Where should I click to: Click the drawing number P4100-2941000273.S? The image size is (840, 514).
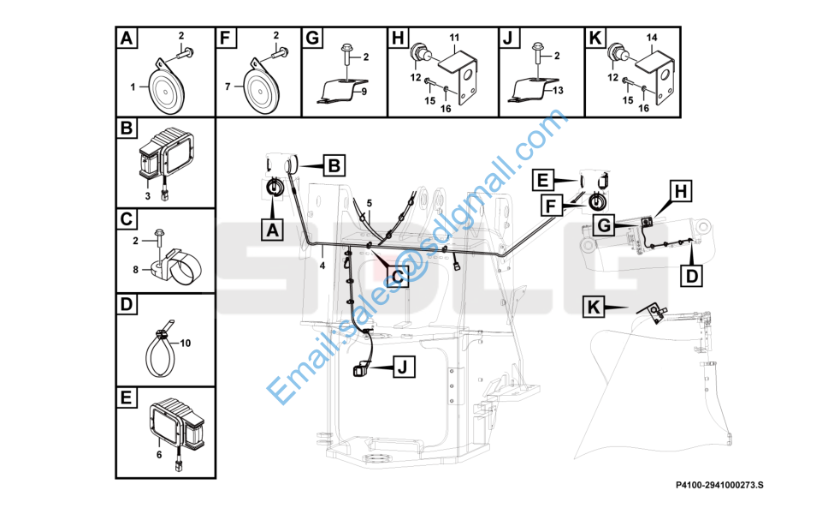tap(719, 486)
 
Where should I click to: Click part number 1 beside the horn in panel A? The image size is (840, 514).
tap(133, 87)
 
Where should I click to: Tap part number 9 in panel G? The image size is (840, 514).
tap(364, 91)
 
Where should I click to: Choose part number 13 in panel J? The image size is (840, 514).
tap(557, 91)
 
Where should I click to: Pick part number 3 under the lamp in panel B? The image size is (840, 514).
tap(147, 196)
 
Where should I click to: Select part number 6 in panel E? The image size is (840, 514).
tap(159, 455)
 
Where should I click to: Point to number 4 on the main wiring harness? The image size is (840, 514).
tap(322, 266)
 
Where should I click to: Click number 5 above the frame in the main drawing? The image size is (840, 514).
tap(370, 203)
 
